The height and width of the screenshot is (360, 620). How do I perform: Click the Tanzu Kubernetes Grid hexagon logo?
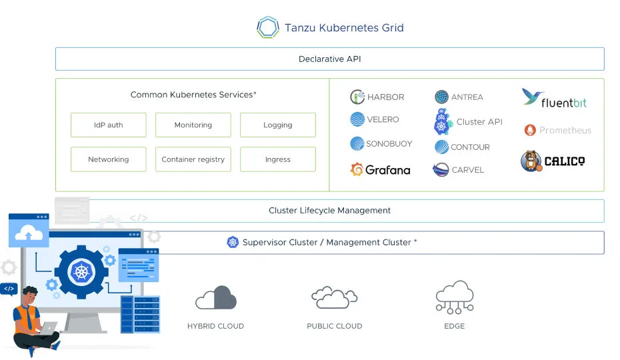pyautogui.click(x=267, y=27)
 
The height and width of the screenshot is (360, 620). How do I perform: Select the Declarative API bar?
pyautogui.click(x=329, y=59)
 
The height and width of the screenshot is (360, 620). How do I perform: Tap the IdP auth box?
pyautogui.click(x=108, y=125)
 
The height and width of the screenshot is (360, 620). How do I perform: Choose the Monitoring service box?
pyautogui.click(x=193, y=125)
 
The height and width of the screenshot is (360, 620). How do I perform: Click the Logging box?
pyautogui.click(x=277, y=125)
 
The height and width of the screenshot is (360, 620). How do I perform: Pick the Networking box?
pyautogui.click(x=108, y=159)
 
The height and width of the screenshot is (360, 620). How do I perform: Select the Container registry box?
pyautogui.click(x=193, y=159)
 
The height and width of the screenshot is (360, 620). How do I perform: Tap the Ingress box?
pyautogui.click(x=277, y=159)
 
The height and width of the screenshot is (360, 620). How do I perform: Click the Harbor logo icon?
pyautogui.click(x=357, y=97)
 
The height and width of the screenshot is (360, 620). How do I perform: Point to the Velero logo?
pyautogui.click(x=357, y=119)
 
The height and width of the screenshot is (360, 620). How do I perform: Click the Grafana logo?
pyautogui.click(x=357, y=170)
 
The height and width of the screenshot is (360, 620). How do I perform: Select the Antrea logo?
pyautogui.click(x=441, y=97)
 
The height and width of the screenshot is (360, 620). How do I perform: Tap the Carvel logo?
pyautogui.click(x=441, y=170)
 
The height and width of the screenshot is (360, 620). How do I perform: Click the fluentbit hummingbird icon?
pyautogui.click(x=533, y=97)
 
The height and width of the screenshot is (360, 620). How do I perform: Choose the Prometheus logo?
pyautogui.click(x=530, y=130)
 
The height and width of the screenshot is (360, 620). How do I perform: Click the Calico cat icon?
pyautogui.click(x=531, y=161)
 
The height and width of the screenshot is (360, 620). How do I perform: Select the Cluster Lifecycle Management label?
pyautogui.click(x=329, y=210)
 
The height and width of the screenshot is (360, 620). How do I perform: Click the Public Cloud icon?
pyautogui.click(x=334, y=298)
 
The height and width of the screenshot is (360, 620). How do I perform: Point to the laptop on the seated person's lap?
pyautogui.click(x=49, y=327)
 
